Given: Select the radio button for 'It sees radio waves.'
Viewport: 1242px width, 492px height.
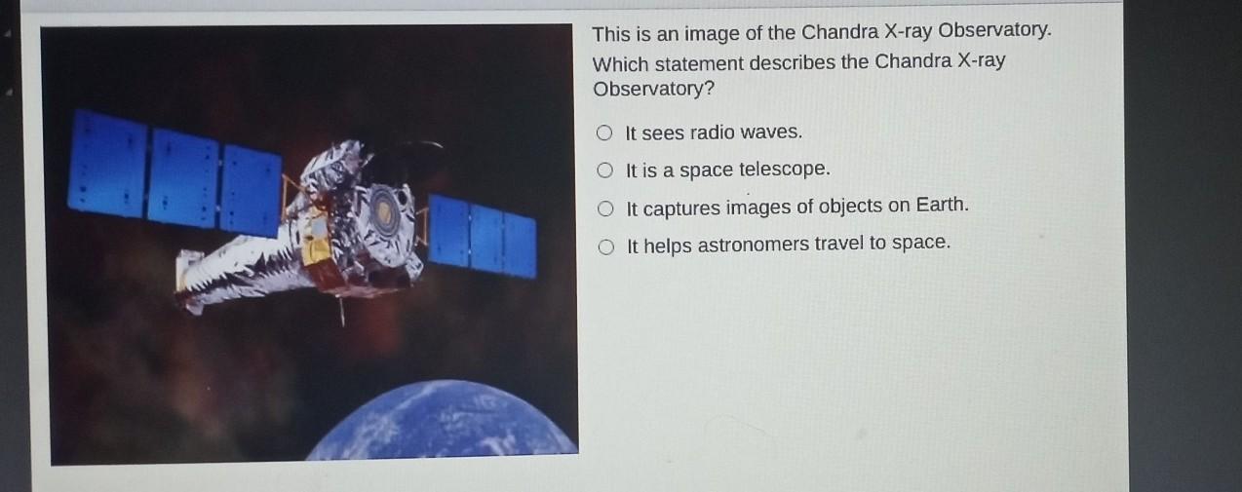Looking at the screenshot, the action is (604, 132).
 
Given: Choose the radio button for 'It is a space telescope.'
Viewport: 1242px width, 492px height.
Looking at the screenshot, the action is (605, 170).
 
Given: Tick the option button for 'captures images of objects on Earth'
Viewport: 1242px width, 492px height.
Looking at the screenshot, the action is (605, 208).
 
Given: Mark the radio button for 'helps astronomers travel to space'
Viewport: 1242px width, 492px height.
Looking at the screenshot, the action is (606, 247).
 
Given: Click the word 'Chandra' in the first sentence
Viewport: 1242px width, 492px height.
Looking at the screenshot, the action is (839, 32).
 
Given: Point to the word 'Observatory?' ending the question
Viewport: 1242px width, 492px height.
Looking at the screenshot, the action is (654, 89).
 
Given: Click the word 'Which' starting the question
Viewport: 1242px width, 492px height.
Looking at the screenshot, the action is (620, 64).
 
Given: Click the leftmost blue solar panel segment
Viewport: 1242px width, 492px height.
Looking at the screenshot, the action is (107, 164).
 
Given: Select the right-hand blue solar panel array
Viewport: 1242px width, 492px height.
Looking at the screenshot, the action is (483, 236).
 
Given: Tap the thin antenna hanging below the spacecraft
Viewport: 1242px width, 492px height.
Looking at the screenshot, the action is (341, 310).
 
